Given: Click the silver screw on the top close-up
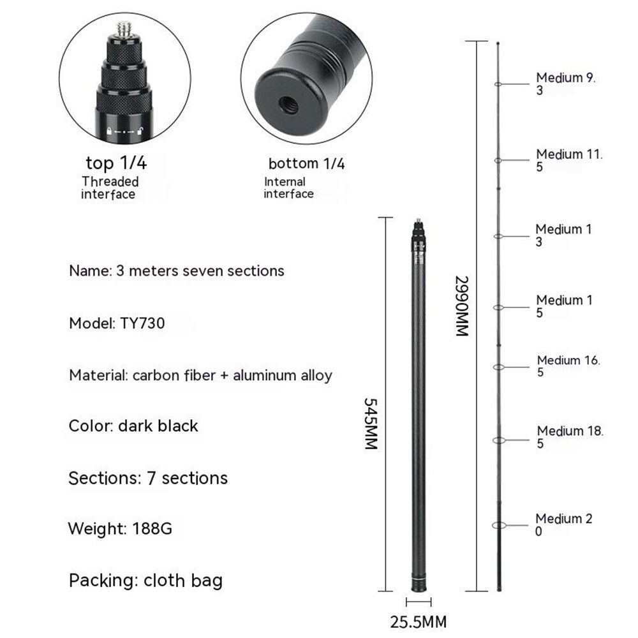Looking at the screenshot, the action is click(x=124, y=29).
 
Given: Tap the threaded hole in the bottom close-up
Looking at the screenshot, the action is click(x=288, y=107).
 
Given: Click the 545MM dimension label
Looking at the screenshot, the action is click(x=371, y=424).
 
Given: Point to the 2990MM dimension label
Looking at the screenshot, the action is click(x=462, y=306).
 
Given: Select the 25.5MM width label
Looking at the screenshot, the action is click(x=419, y=622).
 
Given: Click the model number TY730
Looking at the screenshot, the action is click(x=142, y=323).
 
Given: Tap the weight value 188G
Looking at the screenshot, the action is click(x=152, y=528).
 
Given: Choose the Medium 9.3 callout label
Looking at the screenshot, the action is click(x=565, y=84).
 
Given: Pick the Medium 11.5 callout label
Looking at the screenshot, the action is click(x=569, y=160).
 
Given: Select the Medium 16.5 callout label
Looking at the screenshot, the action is click(x=568, y=366).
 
